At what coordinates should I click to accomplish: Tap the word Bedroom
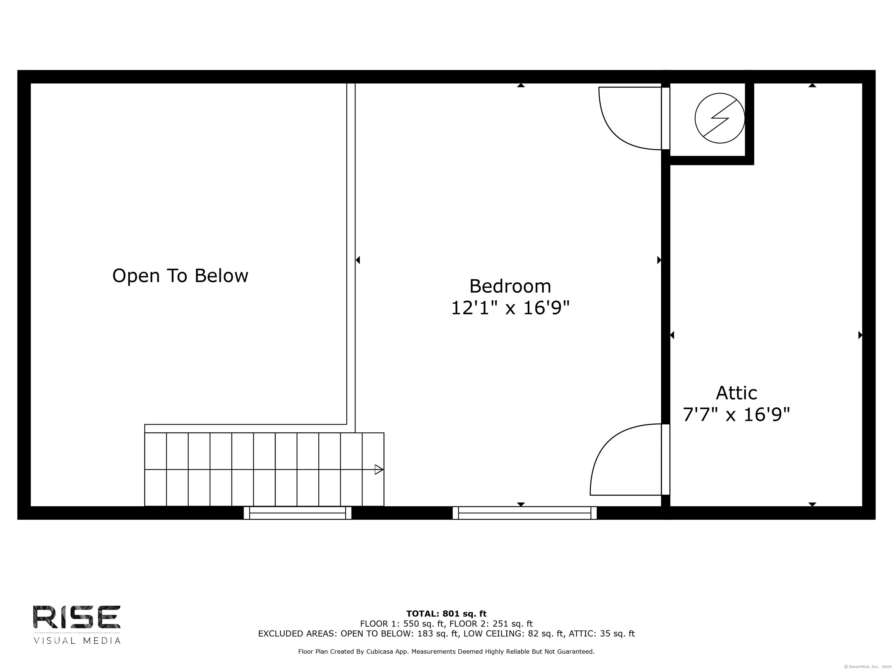510,286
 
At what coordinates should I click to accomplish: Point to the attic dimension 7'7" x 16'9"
736,415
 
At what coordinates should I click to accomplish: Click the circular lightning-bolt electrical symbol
720,118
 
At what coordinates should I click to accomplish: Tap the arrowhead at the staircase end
379,469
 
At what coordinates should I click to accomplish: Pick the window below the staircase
298,513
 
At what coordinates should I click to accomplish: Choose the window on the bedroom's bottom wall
524,513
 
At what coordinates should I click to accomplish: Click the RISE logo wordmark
77,617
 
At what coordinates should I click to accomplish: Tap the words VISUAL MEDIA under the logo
77,641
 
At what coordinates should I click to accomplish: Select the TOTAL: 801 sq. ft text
446,614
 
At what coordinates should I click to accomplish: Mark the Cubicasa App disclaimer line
446,651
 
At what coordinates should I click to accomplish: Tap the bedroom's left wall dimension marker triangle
358,260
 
